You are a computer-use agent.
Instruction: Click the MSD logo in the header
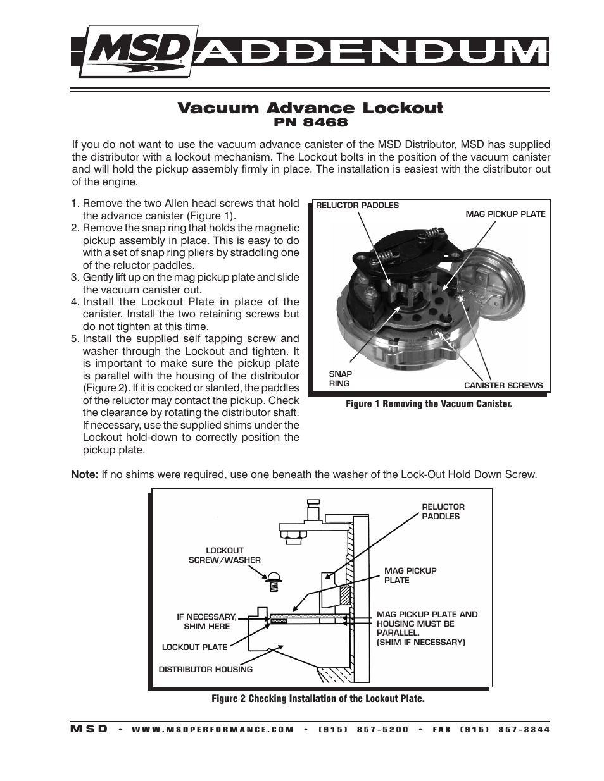pyautogui.click(x=136, y=51)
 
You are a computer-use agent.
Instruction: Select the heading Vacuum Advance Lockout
pyautogui.click(x=310, y=108)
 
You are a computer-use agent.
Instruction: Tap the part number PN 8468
pyautogui.click(x=310, y=123)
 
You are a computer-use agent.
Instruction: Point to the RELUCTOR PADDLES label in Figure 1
pyautogui.click(x=357, y=205)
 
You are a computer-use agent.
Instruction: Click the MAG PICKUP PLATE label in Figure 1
pyautogui.click(x=505, y=214)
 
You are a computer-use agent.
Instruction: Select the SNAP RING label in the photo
pyautogui.click(x=340, y=379)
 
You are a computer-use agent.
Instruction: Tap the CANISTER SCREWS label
pyautogui.click(x=503, y=385)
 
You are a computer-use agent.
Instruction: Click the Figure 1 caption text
pyautogui.click(x=429, y=403)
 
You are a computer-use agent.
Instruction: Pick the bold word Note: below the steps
pyautogui.click(x=84, y=474)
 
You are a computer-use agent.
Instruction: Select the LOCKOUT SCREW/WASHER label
pyautogui.click(x=224, y=555)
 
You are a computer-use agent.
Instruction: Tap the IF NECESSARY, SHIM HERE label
pyautogui.click(x=206, y=622)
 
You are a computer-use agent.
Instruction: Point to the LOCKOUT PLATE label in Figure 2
pyautogui.click(x=194, y=647)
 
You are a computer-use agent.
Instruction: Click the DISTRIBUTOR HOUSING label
pyautogui.click(x=205, y=669)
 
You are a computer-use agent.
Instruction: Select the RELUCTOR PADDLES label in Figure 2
pyautogui.click(x=443, y=512)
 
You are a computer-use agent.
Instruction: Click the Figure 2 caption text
pyautogui.click(x=318, y=698)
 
